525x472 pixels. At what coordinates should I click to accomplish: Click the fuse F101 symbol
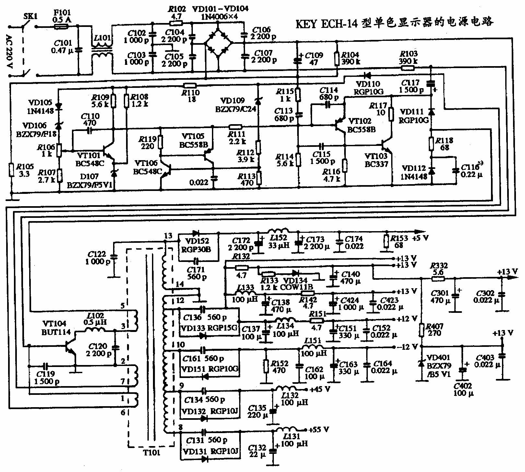[x=60, y=27]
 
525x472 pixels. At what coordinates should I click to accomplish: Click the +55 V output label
[x=319, y=430]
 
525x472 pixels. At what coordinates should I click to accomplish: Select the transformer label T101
[x=152, y=453]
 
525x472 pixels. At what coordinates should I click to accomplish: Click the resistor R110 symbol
[x=190, y=86]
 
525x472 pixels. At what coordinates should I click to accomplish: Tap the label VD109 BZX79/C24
[x=236, y=105]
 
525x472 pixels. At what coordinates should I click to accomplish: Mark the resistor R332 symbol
[x=437, y=278]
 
